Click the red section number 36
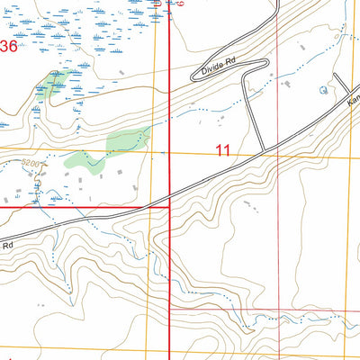(x=9, y=47)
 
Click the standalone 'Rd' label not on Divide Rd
(x=7, y=244)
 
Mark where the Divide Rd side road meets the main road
(x=263, y=150)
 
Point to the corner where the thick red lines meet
(x=170, y=207)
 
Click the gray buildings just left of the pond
(x=289, y=86)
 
